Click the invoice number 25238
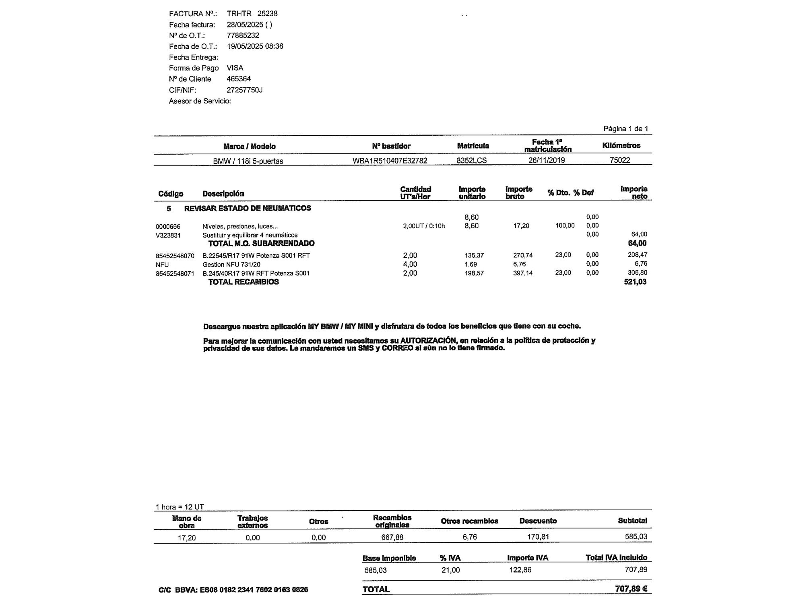[267, 14]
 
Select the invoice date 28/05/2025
[245, 25]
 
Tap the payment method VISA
[235, 68]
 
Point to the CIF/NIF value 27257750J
[244, 90]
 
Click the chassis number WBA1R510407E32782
[390, 161]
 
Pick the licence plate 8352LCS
[471, 160]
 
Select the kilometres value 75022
[619, 160]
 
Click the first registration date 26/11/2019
[546, 160]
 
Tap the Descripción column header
[223, 194]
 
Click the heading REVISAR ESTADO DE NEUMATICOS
[248, 208]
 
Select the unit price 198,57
[474, 273]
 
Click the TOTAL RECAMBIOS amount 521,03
[635, 282]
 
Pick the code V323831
[168, 236]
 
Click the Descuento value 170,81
[538, 537]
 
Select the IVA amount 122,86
[520, 570]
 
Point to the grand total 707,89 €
[631, 589]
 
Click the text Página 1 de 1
[625, 129]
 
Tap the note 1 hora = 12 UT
[180, 507]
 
